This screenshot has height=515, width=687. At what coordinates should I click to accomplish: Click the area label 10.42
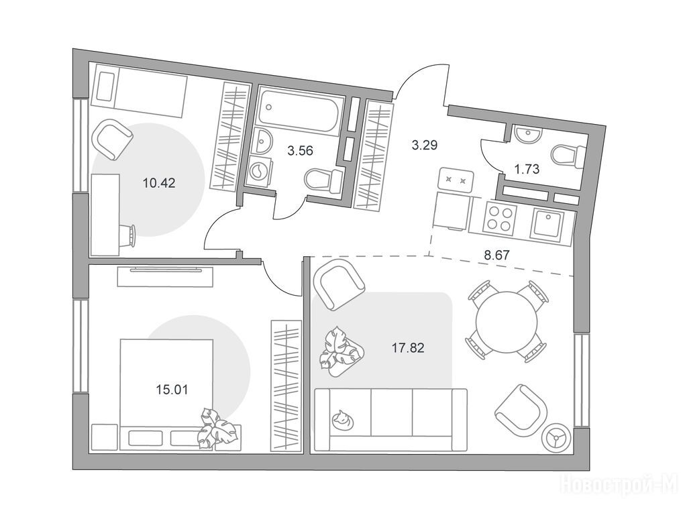(x=159, y=182)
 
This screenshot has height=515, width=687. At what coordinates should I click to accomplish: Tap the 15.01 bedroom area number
(x=172, y=390)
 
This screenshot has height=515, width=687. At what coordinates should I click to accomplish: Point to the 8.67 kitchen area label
(x=497, y=255)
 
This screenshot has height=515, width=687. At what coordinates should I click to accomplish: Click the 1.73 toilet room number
(x=527, y=169)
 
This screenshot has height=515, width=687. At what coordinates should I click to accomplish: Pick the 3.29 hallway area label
(x=425, y=145)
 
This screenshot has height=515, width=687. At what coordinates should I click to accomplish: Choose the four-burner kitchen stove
(x=499, y=219)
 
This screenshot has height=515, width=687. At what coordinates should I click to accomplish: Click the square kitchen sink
(x=546, y=225)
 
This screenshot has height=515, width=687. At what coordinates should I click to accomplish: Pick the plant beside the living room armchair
(x=340, y=351)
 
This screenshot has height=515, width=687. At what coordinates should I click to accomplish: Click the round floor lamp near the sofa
(x=556, y=437)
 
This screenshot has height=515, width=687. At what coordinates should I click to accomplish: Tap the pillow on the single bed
(x=105, y=87)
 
